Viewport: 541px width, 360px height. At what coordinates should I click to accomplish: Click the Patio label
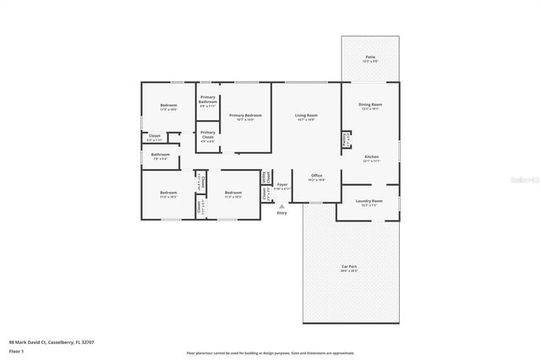point(370,58)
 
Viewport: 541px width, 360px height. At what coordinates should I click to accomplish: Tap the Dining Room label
point(371,105)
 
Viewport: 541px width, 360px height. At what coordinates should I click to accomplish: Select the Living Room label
point(305,116)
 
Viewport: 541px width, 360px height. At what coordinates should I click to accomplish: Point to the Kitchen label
point(371,157)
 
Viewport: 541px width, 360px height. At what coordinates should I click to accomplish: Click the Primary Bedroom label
point(242,116)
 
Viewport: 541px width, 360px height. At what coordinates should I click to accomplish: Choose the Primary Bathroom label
point(208,101)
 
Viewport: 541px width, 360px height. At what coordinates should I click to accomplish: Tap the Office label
point(317,176)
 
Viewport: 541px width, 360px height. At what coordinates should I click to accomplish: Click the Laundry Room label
point(371,202)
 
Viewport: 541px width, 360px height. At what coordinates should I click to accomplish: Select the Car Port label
point(348,268)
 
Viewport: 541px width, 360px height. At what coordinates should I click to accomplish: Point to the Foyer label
point(282,185)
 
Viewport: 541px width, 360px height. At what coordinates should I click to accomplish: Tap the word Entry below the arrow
point(281,212)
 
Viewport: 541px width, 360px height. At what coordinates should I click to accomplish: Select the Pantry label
point(345,139)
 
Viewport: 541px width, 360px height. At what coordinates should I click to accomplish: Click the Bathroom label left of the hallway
point(161,155)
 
